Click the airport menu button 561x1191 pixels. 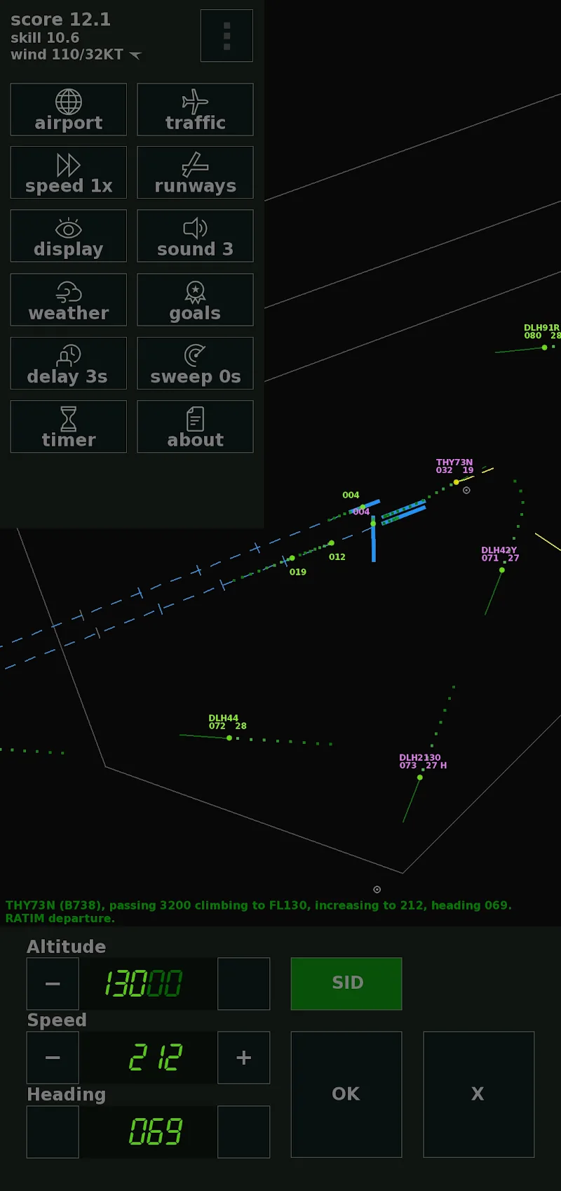tap(69, 109)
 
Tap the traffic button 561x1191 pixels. tap(195, 109)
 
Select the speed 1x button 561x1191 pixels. tap(69, 173)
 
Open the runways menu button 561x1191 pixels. tap(195, 173)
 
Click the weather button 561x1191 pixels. tap(69, 300)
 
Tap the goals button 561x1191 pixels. tap(195, 300)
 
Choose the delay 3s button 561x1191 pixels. tap(69, 363)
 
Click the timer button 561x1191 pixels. tap(69, 427)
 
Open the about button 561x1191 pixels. tap(195, 427)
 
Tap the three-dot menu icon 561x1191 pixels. tap(227, 36)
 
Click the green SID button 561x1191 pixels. tap(346, 983)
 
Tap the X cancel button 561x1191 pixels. tap(478, 1093)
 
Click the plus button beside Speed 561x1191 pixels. tap(243, 1058)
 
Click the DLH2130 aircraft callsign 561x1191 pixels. tap(420, 758)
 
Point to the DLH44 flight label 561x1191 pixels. tap(224, 718)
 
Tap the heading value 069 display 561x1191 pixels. tap(155, 1131)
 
